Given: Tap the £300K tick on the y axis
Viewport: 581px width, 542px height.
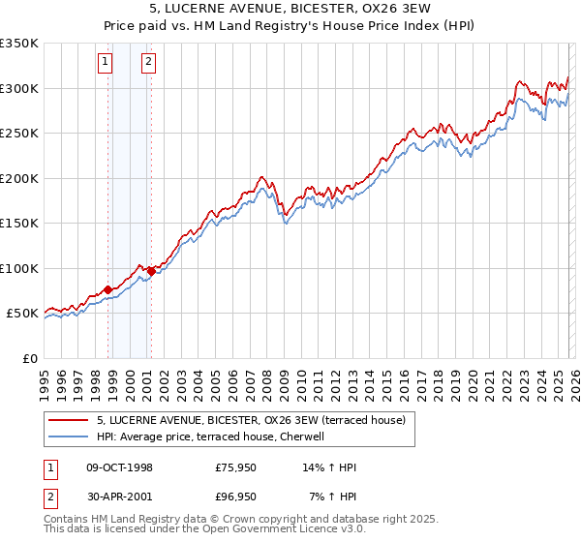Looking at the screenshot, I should [19, 88].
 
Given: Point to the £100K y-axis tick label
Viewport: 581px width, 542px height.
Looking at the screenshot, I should [19, 268].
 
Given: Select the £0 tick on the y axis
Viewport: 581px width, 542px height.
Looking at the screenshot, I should [31, 358].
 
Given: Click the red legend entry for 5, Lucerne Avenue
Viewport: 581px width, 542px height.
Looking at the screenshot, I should [257, 420].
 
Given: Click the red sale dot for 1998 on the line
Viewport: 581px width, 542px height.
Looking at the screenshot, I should [108, 289].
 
